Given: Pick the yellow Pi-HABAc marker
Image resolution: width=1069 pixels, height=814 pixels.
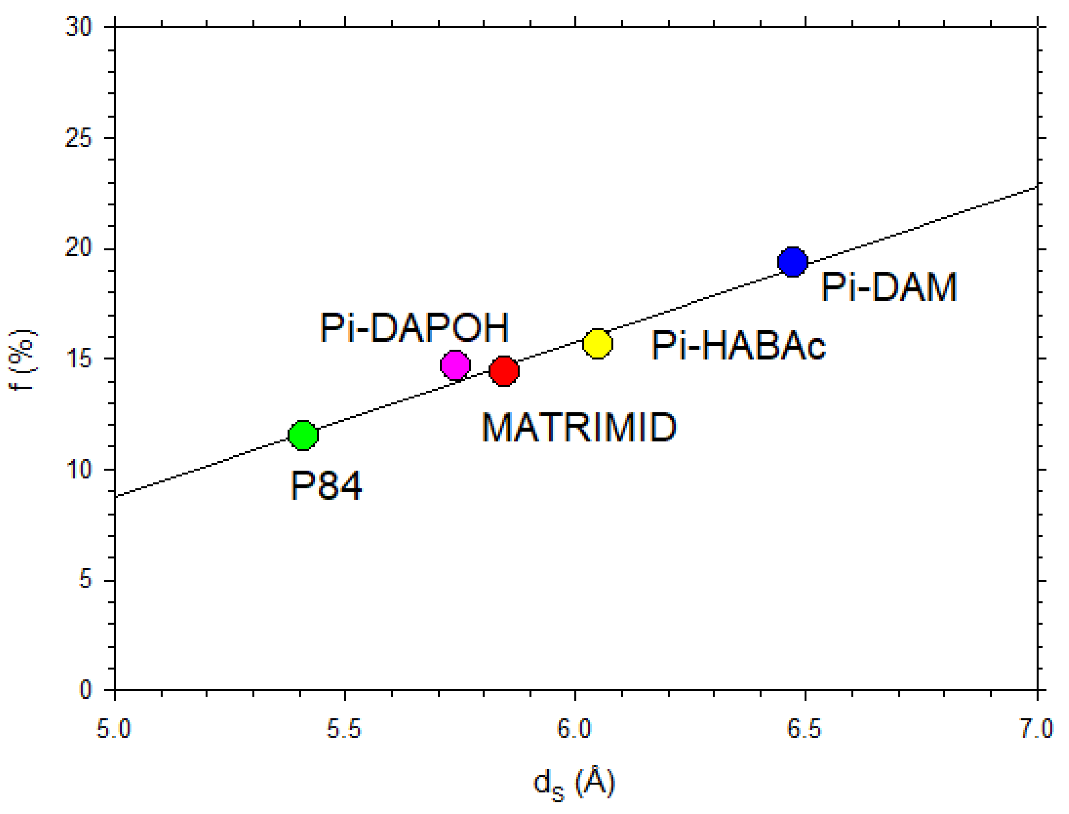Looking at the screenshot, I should pos(598,343).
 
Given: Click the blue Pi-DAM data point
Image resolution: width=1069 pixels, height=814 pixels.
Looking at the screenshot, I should pos(792,262).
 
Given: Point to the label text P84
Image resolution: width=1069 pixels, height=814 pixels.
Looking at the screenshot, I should pos(326,486).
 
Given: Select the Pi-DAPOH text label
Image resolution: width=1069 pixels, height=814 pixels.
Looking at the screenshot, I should pos(414,328).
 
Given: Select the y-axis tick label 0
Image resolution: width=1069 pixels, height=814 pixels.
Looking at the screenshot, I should pos(85,690).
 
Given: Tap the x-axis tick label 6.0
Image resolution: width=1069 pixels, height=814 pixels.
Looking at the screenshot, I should pos(575,729).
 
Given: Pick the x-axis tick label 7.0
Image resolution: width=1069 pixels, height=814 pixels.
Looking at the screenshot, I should pos(1036,729).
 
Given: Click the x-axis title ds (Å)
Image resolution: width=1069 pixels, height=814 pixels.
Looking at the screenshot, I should pos(574,783).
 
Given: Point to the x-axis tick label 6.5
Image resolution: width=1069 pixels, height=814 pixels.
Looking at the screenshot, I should pos(805,729).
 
